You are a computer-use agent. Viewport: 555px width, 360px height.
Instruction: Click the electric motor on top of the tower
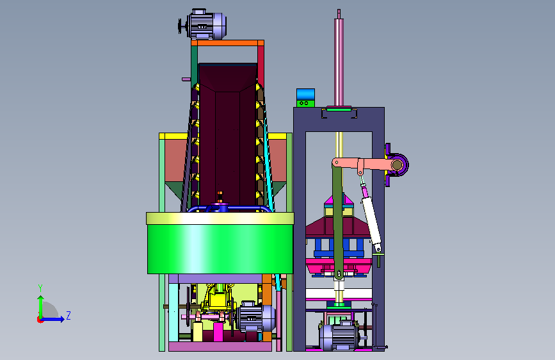[x=203, y=24]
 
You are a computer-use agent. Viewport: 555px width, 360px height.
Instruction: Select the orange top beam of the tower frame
[x=228, y=43]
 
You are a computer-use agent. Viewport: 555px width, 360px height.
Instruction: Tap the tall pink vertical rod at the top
[x=339, y=58]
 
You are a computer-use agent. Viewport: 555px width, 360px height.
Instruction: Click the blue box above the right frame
[x=305, y=95]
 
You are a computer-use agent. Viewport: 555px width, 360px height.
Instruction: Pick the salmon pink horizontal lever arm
[x=364, y=165]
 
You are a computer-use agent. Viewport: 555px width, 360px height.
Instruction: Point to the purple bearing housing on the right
[x=397, y=165]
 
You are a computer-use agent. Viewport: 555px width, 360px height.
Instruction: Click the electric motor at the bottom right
[x=338, y=336]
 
